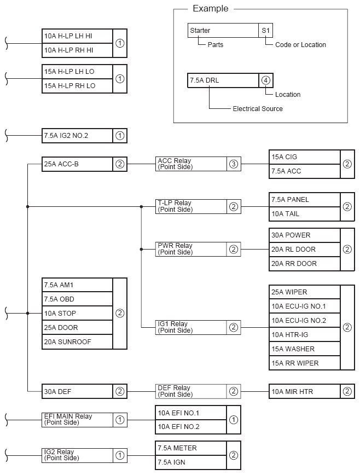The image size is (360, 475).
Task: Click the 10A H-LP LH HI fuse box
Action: [x=77, y=36]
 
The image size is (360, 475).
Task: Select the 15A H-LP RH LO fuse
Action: [x=77, y=86]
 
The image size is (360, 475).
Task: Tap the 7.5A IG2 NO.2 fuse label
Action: [x=77, y=136]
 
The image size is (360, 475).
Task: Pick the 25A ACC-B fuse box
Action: [x=77, y=164]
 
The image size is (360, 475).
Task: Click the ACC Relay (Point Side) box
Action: [x=190, y=164]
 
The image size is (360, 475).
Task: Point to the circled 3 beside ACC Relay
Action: [x=234, y=164]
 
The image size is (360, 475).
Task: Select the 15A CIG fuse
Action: [x=304, y=157]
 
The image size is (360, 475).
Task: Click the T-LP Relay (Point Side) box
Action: [x=190, y=206]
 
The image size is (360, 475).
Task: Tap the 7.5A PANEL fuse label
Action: [x=304, y=200]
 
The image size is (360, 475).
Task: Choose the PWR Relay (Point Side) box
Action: [x=190, y=249]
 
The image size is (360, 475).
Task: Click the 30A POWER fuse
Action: [x=304, y=235]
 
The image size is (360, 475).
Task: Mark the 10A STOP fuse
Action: [x=77, y=314]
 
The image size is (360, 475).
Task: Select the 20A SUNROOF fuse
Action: [x=77, y=342]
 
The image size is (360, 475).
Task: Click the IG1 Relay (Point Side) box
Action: [x=190, y=327]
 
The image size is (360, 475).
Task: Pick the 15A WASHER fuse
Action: [x=304, y=349]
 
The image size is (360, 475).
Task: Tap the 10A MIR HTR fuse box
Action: [x=304, y=391]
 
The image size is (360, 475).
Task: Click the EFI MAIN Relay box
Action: [x=77, y=420]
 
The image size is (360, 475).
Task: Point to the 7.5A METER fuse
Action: [x=190, y=448]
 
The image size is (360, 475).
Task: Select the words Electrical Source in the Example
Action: [x=258, y=109]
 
